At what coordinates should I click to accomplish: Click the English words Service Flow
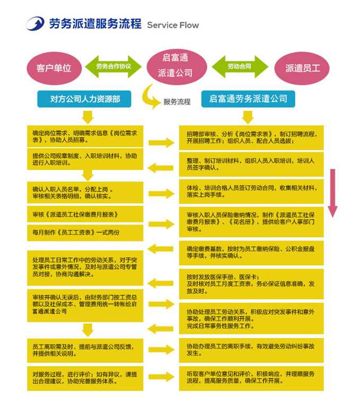click(173, 25)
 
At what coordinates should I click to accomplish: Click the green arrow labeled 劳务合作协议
click(113, 67)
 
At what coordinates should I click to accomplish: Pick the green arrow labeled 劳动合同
click(239, 67)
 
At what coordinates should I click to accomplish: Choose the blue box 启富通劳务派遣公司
click(248, 99)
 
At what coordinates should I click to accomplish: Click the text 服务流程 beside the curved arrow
click(177, 101)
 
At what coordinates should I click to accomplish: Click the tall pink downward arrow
click(332, 194)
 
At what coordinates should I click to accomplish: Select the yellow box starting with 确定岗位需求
click(85, 136)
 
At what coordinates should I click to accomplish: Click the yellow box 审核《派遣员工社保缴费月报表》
click(85, 214)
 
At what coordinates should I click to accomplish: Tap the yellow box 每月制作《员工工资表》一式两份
click(85, 232)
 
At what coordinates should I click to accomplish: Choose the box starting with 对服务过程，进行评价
click(85, 377)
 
